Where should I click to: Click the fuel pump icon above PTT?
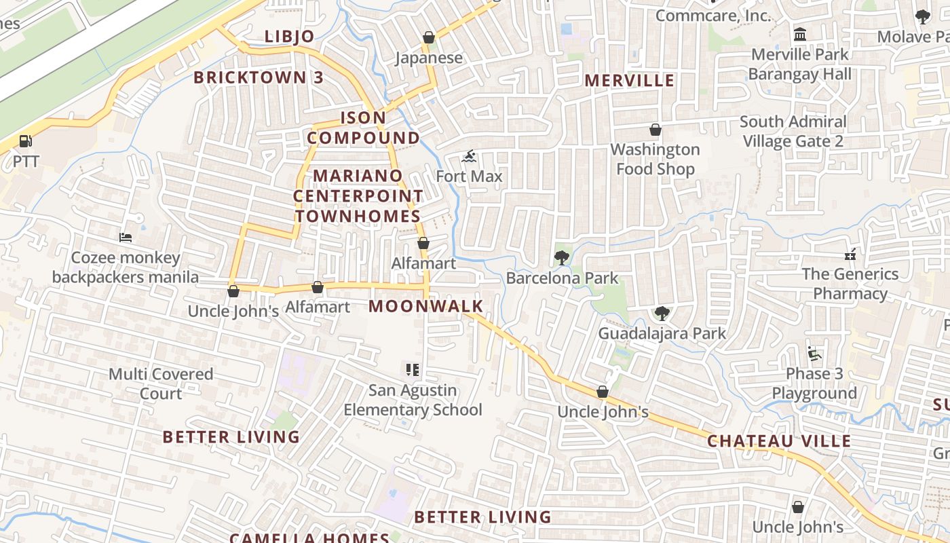coord(25,142)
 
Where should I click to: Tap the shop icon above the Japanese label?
coord(429,37)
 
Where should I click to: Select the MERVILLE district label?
coord(630,81)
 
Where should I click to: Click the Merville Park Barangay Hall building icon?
coord(800,35)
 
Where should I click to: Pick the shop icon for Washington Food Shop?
coord(655,130)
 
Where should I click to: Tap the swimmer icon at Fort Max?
coord(469,157)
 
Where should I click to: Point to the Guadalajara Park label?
coord(662,333)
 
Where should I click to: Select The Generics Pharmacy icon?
coord(850,255)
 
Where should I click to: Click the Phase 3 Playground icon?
coord(814,354)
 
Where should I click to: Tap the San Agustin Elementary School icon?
coord(412,370)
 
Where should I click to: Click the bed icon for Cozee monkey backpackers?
coord(126,238)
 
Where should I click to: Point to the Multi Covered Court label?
coord(161,383)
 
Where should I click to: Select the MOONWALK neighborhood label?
coord(425,306)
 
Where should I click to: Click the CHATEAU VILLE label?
coord(779,441)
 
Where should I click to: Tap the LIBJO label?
coord(289,37)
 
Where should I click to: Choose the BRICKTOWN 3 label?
coord(259,77)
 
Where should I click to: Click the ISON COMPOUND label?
coord(363,128)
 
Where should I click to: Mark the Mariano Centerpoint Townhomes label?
coord(358,196)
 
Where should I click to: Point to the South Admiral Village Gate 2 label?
coord(793,132)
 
